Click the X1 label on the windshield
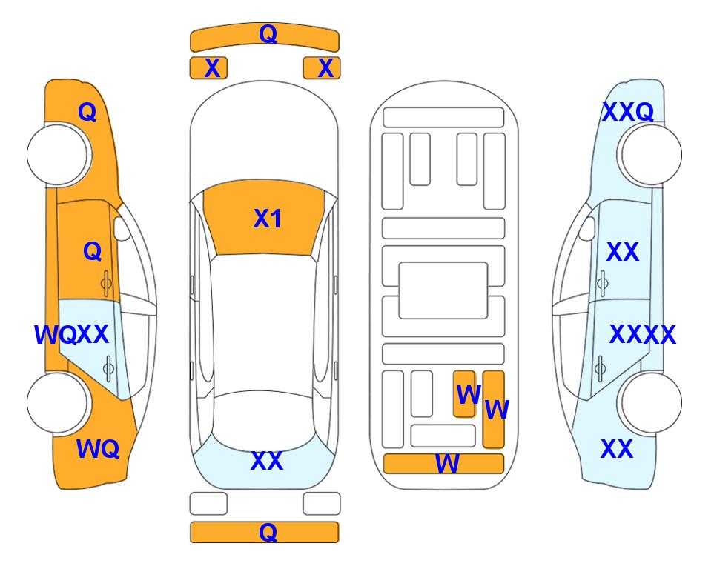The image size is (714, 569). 268,219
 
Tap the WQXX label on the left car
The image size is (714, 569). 71,335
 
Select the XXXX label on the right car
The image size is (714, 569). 643,335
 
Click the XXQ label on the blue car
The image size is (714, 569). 628,112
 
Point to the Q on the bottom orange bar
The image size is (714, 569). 268,532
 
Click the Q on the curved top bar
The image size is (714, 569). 268,33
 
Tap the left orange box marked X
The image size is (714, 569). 208,68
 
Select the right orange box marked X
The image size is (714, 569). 322,68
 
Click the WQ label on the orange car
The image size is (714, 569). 98,449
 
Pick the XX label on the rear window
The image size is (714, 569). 267,461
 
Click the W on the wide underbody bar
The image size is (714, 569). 447,464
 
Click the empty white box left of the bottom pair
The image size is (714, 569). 208,504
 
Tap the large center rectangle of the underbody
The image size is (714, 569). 443,290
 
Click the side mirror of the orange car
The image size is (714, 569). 122,228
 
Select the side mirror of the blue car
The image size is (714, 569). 587,228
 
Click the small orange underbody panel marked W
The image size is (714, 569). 464,393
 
